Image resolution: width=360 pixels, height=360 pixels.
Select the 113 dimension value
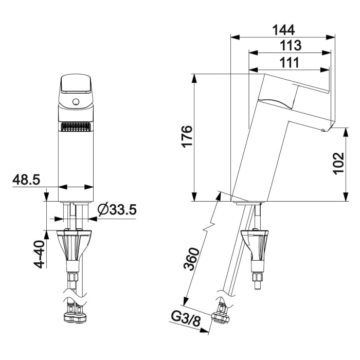(290, 45)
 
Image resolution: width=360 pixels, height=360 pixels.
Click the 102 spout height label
(338, 164)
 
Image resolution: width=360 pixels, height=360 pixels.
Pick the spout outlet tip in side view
(323, 130)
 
